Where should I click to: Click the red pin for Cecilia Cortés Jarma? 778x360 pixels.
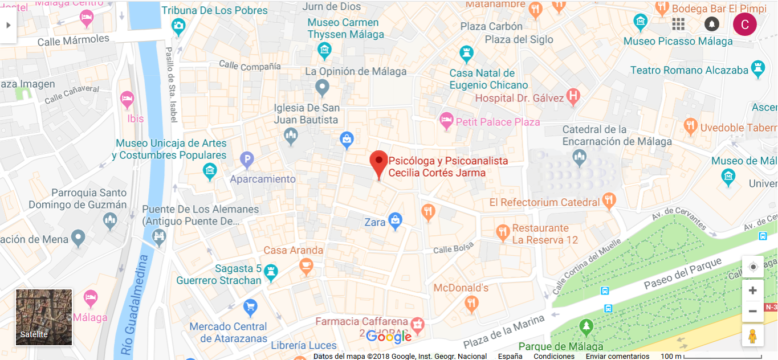[x=378, y=162]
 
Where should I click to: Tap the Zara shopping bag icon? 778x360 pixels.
[x=395, y=220]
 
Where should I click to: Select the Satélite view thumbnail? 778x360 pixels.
[x=44, y=317]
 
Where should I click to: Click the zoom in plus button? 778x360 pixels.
[x=752, y=291]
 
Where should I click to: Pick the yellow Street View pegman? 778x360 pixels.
[x=752, y=336]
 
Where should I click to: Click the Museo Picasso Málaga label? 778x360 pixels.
[x=678, y=41]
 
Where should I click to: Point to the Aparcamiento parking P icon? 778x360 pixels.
[x=246, y=160]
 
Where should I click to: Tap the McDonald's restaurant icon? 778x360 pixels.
[x=471, y=304]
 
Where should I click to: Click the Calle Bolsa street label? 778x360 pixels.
[x=453, y=249]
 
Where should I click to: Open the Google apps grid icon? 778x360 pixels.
[x=678, y=24]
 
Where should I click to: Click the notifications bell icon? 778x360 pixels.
[x=711, y=24]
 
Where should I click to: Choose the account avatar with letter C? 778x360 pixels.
[x=744, y=24]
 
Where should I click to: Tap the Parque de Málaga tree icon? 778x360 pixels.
[x=585, y=327]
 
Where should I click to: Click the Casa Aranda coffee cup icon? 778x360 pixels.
[x=306, y=265]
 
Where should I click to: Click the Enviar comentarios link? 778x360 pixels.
[x=617, y=356]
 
